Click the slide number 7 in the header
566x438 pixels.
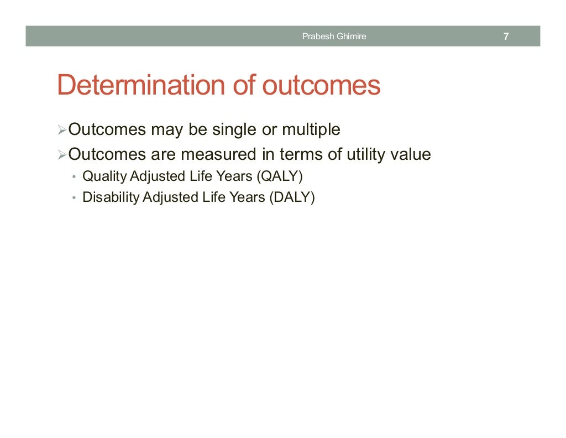506,37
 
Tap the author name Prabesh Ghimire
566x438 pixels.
334,37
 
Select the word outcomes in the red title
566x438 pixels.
321,86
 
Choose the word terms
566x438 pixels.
301,154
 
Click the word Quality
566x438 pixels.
104,177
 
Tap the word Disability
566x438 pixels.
111,197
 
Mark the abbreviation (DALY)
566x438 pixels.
292,197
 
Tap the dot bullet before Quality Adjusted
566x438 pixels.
74,178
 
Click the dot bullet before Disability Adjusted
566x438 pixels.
74,198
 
